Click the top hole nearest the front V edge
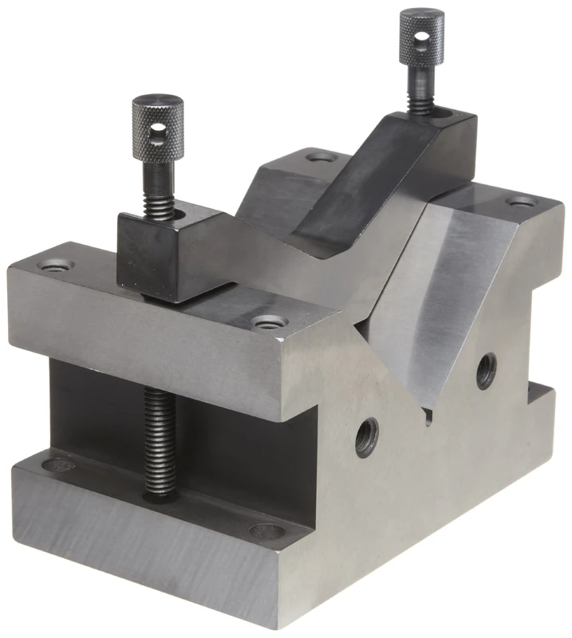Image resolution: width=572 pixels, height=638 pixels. click(267, 322)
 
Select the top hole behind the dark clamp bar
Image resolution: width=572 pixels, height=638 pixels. click(323, 157)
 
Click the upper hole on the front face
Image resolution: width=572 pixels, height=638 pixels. click(486, 371)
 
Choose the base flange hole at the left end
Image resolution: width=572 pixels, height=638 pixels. click(58, 464)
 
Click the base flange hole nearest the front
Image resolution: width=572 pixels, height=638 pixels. click(266, 530)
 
